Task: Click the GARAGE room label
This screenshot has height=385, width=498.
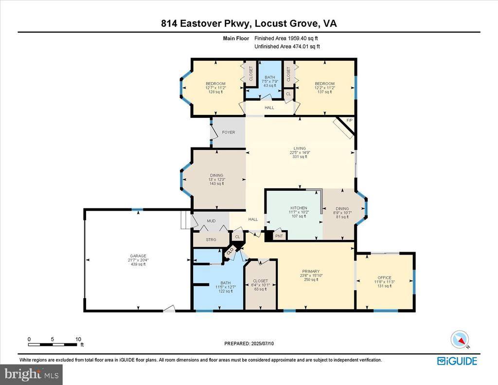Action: (x=138, y=256)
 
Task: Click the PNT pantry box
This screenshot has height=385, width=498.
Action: (x=279, y=236)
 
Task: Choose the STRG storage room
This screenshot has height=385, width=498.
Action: (x=211, y=239)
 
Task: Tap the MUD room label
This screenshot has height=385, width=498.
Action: (x=211, y=221)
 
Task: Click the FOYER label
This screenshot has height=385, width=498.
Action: (x=229, y=132)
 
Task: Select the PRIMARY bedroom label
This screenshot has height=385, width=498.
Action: (x=310, y=271)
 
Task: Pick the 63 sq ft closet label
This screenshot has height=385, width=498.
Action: (x=260, y=289)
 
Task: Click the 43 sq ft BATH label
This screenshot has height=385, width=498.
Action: (x=269, y=86)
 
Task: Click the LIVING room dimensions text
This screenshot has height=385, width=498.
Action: (x=300, y=152)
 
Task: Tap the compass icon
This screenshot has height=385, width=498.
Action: (x=459, y=339)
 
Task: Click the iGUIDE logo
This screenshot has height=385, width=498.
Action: (x=457, y=361)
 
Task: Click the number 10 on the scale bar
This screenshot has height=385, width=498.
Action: (x=78, y=339)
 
